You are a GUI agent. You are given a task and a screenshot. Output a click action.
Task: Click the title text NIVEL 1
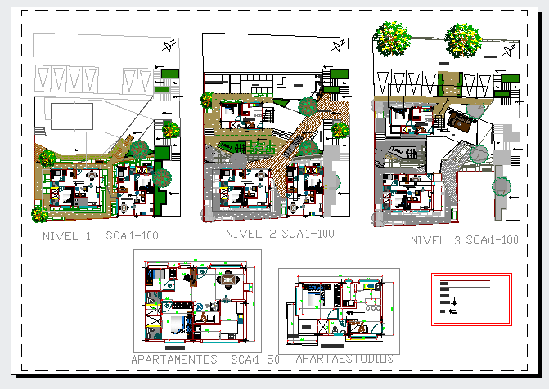tap(67, 236)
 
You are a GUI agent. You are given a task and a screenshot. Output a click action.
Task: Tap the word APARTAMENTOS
tap(174, 360)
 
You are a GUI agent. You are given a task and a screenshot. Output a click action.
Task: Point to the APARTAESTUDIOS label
tap(344, 359)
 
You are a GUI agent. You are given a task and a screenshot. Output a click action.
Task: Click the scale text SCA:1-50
tap(256, 360)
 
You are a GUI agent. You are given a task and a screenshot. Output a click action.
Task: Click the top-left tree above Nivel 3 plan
tap(393, 38)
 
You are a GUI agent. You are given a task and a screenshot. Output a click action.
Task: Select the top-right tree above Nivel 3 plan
tap(463, 38)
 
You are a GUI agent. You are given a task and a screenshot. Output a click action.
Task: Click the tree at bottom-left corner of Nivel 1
tap(39, 214)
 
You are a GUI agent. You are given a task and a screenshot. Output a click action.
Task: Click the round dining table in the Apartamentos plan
tap(227, 284)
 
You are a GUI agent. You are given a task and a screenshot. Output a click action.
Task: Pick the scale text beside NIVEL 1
tap(131, 236)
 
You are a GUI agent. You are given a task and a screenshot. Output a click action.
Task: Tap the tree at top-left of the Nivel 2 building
tap(206, 101)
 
